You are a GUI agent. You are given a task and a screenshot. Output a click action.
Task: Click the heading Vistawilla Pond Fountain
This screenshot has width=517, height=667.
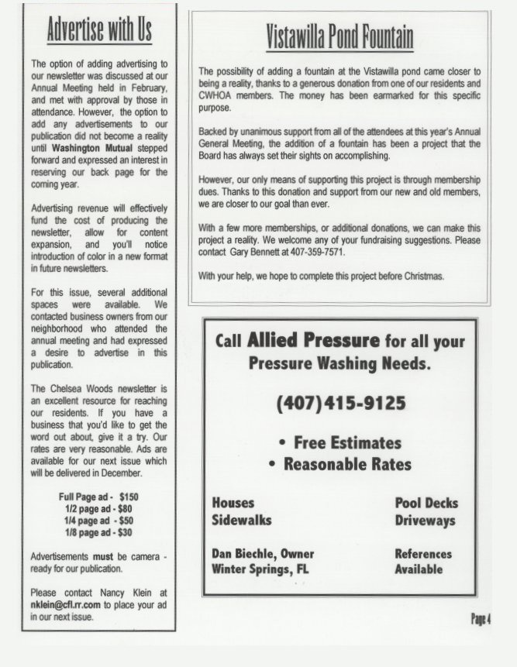(x=339, y=37)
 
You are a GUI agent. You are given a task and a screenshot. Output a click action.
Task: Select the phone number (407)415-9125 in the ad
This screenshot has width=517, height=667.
(x=339, y=404)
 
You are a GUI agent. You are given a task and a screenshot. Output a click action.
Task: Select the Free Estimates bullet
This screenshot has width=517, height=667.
(x=339, y=443)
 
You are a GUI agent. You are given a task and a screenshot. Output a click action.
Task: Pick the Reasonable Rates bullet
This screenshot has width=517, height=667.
(x=339, y=465)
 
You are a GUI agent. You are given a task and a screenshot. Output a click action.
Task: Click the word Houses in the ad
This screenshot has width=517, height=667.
(x=233, y=503)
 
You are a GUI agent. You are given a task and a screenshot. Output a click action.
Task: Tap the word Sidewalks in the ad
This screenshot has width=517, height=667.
(x=241, y=521)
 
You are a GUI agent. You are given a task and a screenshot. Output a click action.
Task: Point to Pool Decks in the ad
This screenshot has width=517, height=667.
(x=426, y=503)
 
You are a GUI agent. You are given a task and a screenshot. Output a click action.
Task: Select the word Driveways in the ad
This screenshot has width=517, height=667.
(x=425, y=521)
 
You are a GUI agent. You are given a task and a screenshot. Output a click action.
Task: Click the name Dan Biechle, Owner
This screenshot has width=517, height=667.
(x=263, y=554)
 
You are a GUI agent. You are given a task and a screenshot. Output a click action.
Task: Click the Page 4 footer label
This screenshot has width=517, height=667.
(x=481, y=618)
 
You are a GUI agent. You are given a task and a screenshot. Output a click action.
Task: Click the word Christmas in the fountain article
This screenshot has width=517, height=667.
(x=422, y=277)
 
